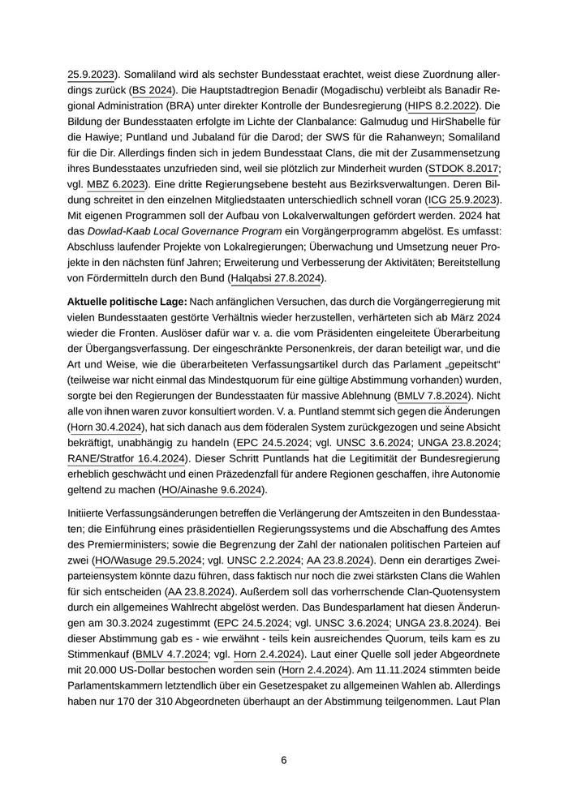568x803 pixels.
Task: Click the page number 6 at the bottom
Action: pyautogui.click(x=284, y=761)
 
